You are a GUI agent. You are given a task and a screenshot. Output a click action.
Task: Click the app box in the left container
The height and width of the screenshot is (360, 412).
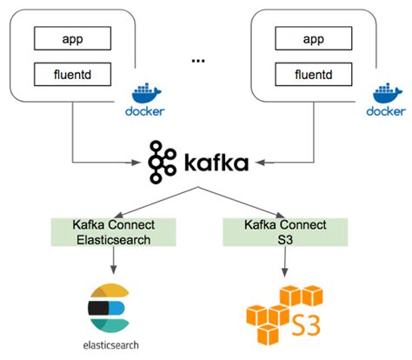pos(74,38)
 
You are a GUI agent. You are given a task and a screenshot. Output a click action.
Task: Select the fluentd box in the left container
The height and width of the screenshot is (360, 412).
pos(74,75)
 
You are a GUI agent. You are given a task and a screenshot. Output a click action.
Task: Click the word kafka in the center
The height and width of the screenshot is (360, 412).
pos(217,162)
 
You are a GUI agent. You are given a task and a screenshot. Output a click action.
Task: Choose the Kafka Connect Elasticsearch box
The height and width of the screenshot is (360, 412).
pos(114,232)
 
